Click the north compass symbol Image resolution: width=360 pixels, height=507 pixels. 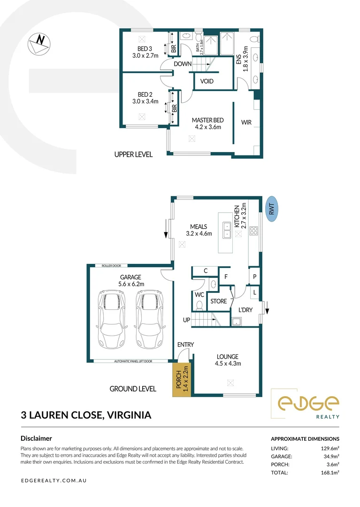[x=38, y=44]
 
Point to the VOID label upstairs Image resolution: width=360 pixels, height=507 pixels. [x=207, y=81]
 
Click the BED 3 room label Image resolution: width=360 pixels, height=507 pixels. [x=145, y=49]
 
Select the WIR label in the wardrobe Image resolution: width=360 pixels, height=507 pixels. [x=246, y=123]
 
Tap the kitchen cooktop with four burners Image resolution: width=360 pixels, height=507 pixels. [x=253, y=230]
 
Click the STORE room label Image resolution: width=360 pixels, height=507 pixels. [x=218, y=301]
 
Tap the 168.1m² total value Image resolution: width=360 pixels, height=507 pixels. [x=328, y=473]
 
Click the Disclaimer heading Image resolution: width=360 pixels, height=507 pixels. [x=36, y=438]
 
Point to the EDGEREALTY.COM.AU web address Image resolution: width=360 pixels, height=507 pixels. [x=54, y=481]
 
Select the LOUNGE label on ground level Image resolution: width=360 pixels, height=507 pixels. [x=227, y=357]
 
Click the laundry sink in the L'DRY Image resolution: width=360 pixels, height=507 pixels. [x=237, y=321]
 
